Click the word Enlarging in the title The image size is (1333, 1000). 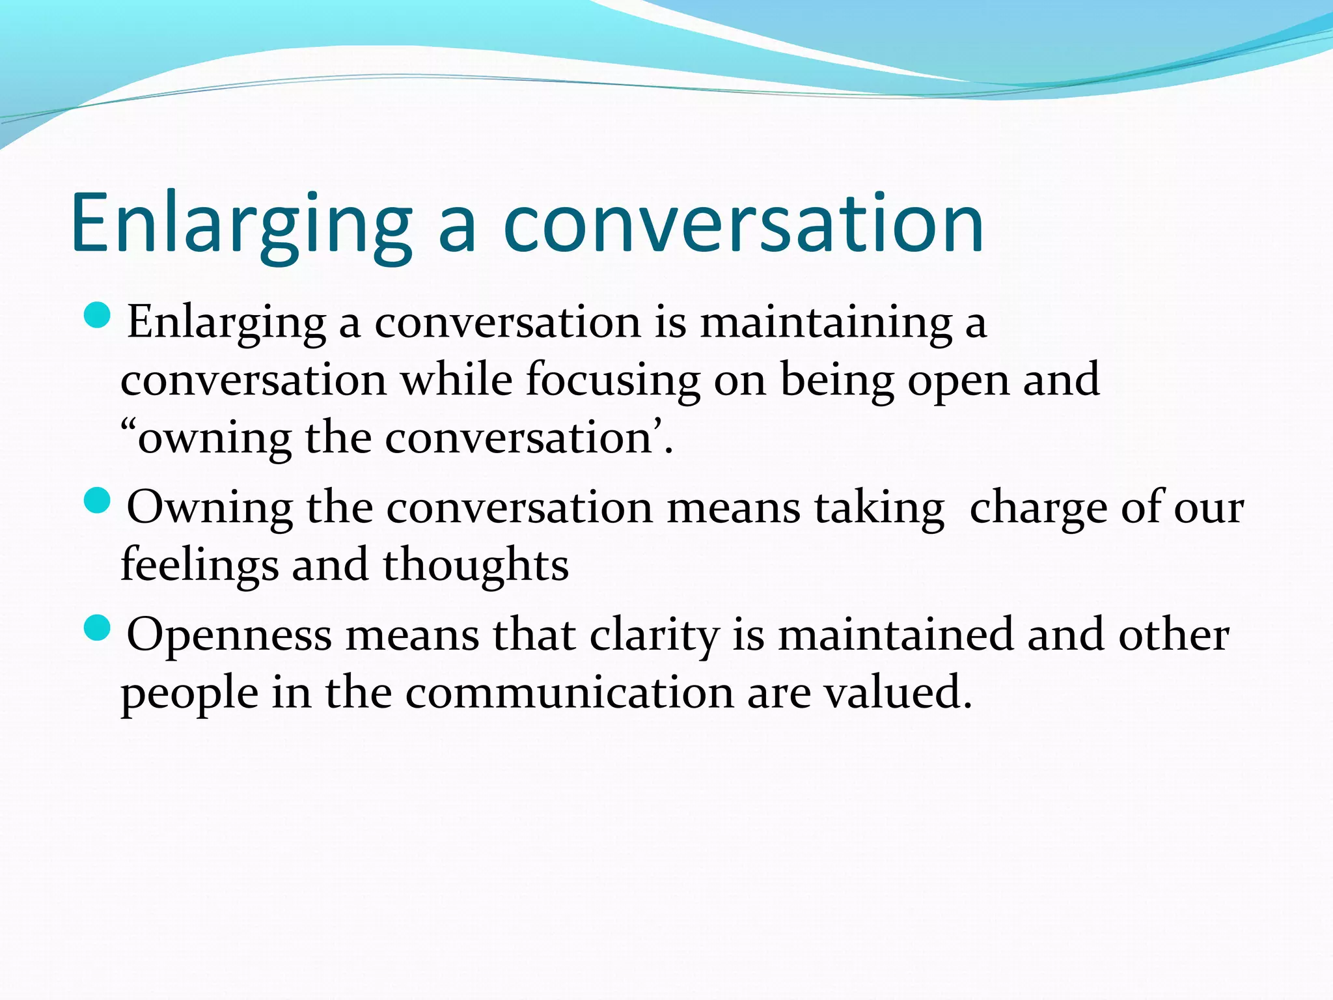coord(241,225)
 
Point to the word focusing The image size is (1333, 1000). coord(612,380)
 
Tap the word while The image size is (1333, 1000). coord(456,380)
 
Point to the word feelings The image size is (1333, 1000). coord(199,565)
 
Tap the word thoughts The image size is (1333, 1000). coord(475,565)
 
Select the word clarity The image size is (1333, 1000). coord(654,635)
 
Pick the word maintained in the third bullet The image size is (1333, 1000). coord(896,635)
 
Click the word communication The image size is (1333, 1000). coord(569,693)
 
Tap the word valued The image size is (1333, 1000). coord(898,693)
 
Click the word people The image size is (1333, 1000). coord(189,693)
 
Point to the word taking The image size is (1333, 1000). coord(879,508)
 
